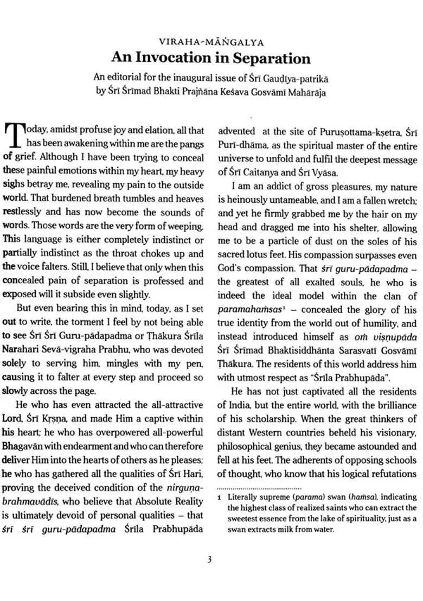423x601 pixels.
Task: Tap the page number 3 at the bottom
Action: [x=209, y=560]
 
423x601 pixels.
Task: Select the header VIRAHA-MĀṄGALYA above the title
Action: [x=211, y=41]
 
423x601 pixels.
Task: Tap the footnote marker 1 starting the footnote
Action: [x=220, y=497]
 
